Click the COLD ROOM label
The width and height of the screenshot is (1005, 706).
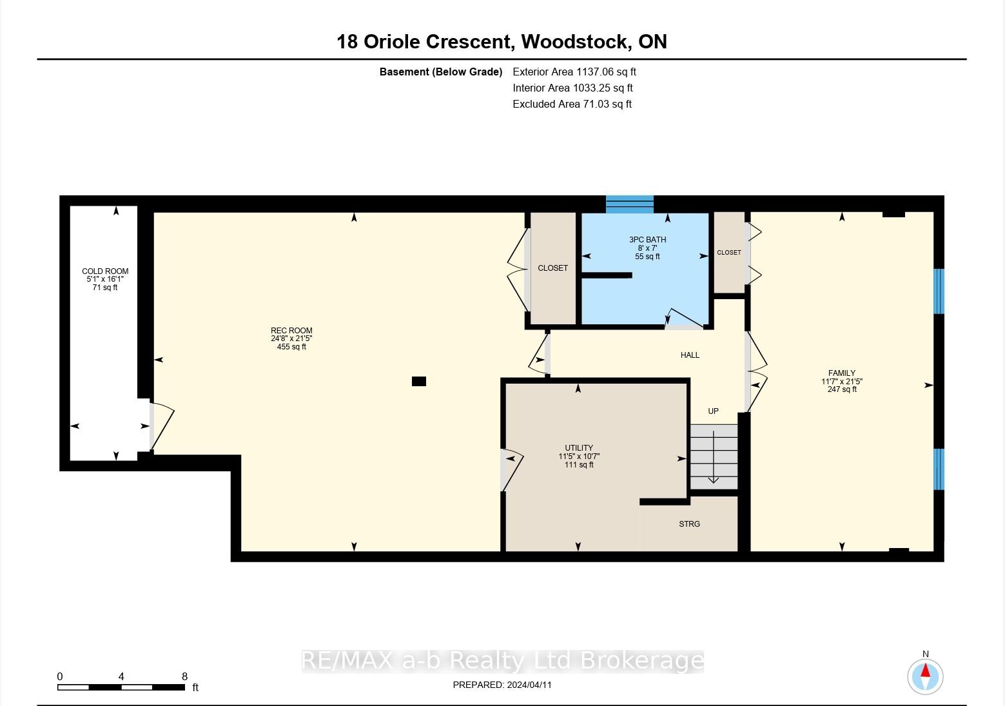(x=105, y=271)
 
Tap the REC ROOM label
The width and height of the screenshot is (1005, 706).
(x=291, y=330)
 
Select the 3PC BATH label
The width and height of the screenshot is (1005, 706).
(x=647, y=240)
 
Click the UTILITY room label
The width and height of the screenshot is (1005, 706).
(x=579, y=448)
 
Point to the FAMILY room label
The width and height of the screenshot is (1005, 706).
(x=842, y=373)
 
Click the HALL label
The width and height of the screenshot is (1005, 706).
(x=690, y=355)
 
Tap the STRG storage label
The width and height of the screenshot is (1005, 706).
(x=689, y=524)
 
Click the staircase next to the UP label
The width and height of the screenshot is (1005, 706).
(x=714, y=457)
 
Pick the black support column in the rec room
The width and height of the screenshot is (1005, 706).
(x=419, y=381)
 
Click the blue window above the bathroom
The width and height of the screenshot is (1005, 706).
(x=629, y=204)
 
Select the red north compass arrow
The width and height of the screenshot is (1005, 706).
(x=925, y=671)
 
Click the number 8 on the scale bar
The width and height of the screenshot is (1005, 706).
(x=184, y=676)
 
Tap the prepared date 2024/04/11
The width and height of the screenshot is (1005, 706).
(x=529, y=685)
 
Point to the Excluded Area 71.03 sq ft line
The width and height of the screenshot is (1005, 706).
(x=572, y=104)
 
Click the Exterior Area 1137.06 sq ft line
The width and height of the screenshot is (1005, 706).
(x=574, y=72)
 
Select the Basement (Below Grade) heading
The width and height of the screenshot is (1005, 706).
(x=440, y=72)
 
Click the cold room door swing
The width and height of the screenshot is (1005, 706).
(x=162, y=426)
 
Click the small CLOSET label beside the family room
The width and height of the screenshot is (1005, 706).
(x=728, y=253)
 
